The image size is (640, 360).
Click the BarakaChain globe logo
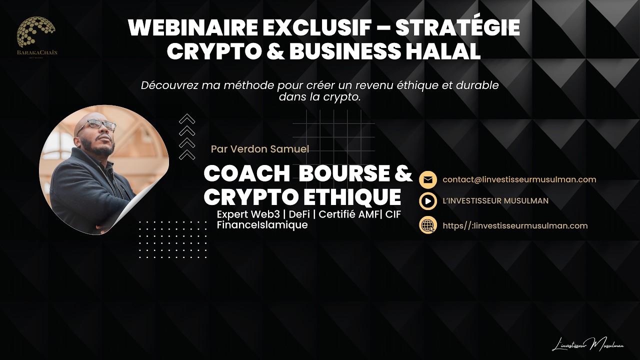pos(36,32)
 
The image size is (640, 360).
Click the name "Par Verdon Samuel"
pos(260,149)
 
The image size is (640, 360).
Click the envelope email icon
pos(428,180)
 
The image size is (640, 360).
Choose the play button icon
pos(428,201)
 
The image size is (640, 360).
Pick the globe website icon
pos(428,225)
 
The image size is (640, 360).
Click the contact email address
pos(519,179)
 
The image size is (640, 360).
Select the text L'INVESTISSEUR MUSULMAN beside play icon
pos(495,201)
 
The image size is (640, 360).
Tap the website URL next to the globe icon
pos(515,225)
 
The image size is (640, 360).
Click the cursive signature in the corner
pos(587,344)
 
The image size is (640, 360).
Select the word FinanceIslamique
pos(262,225)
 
